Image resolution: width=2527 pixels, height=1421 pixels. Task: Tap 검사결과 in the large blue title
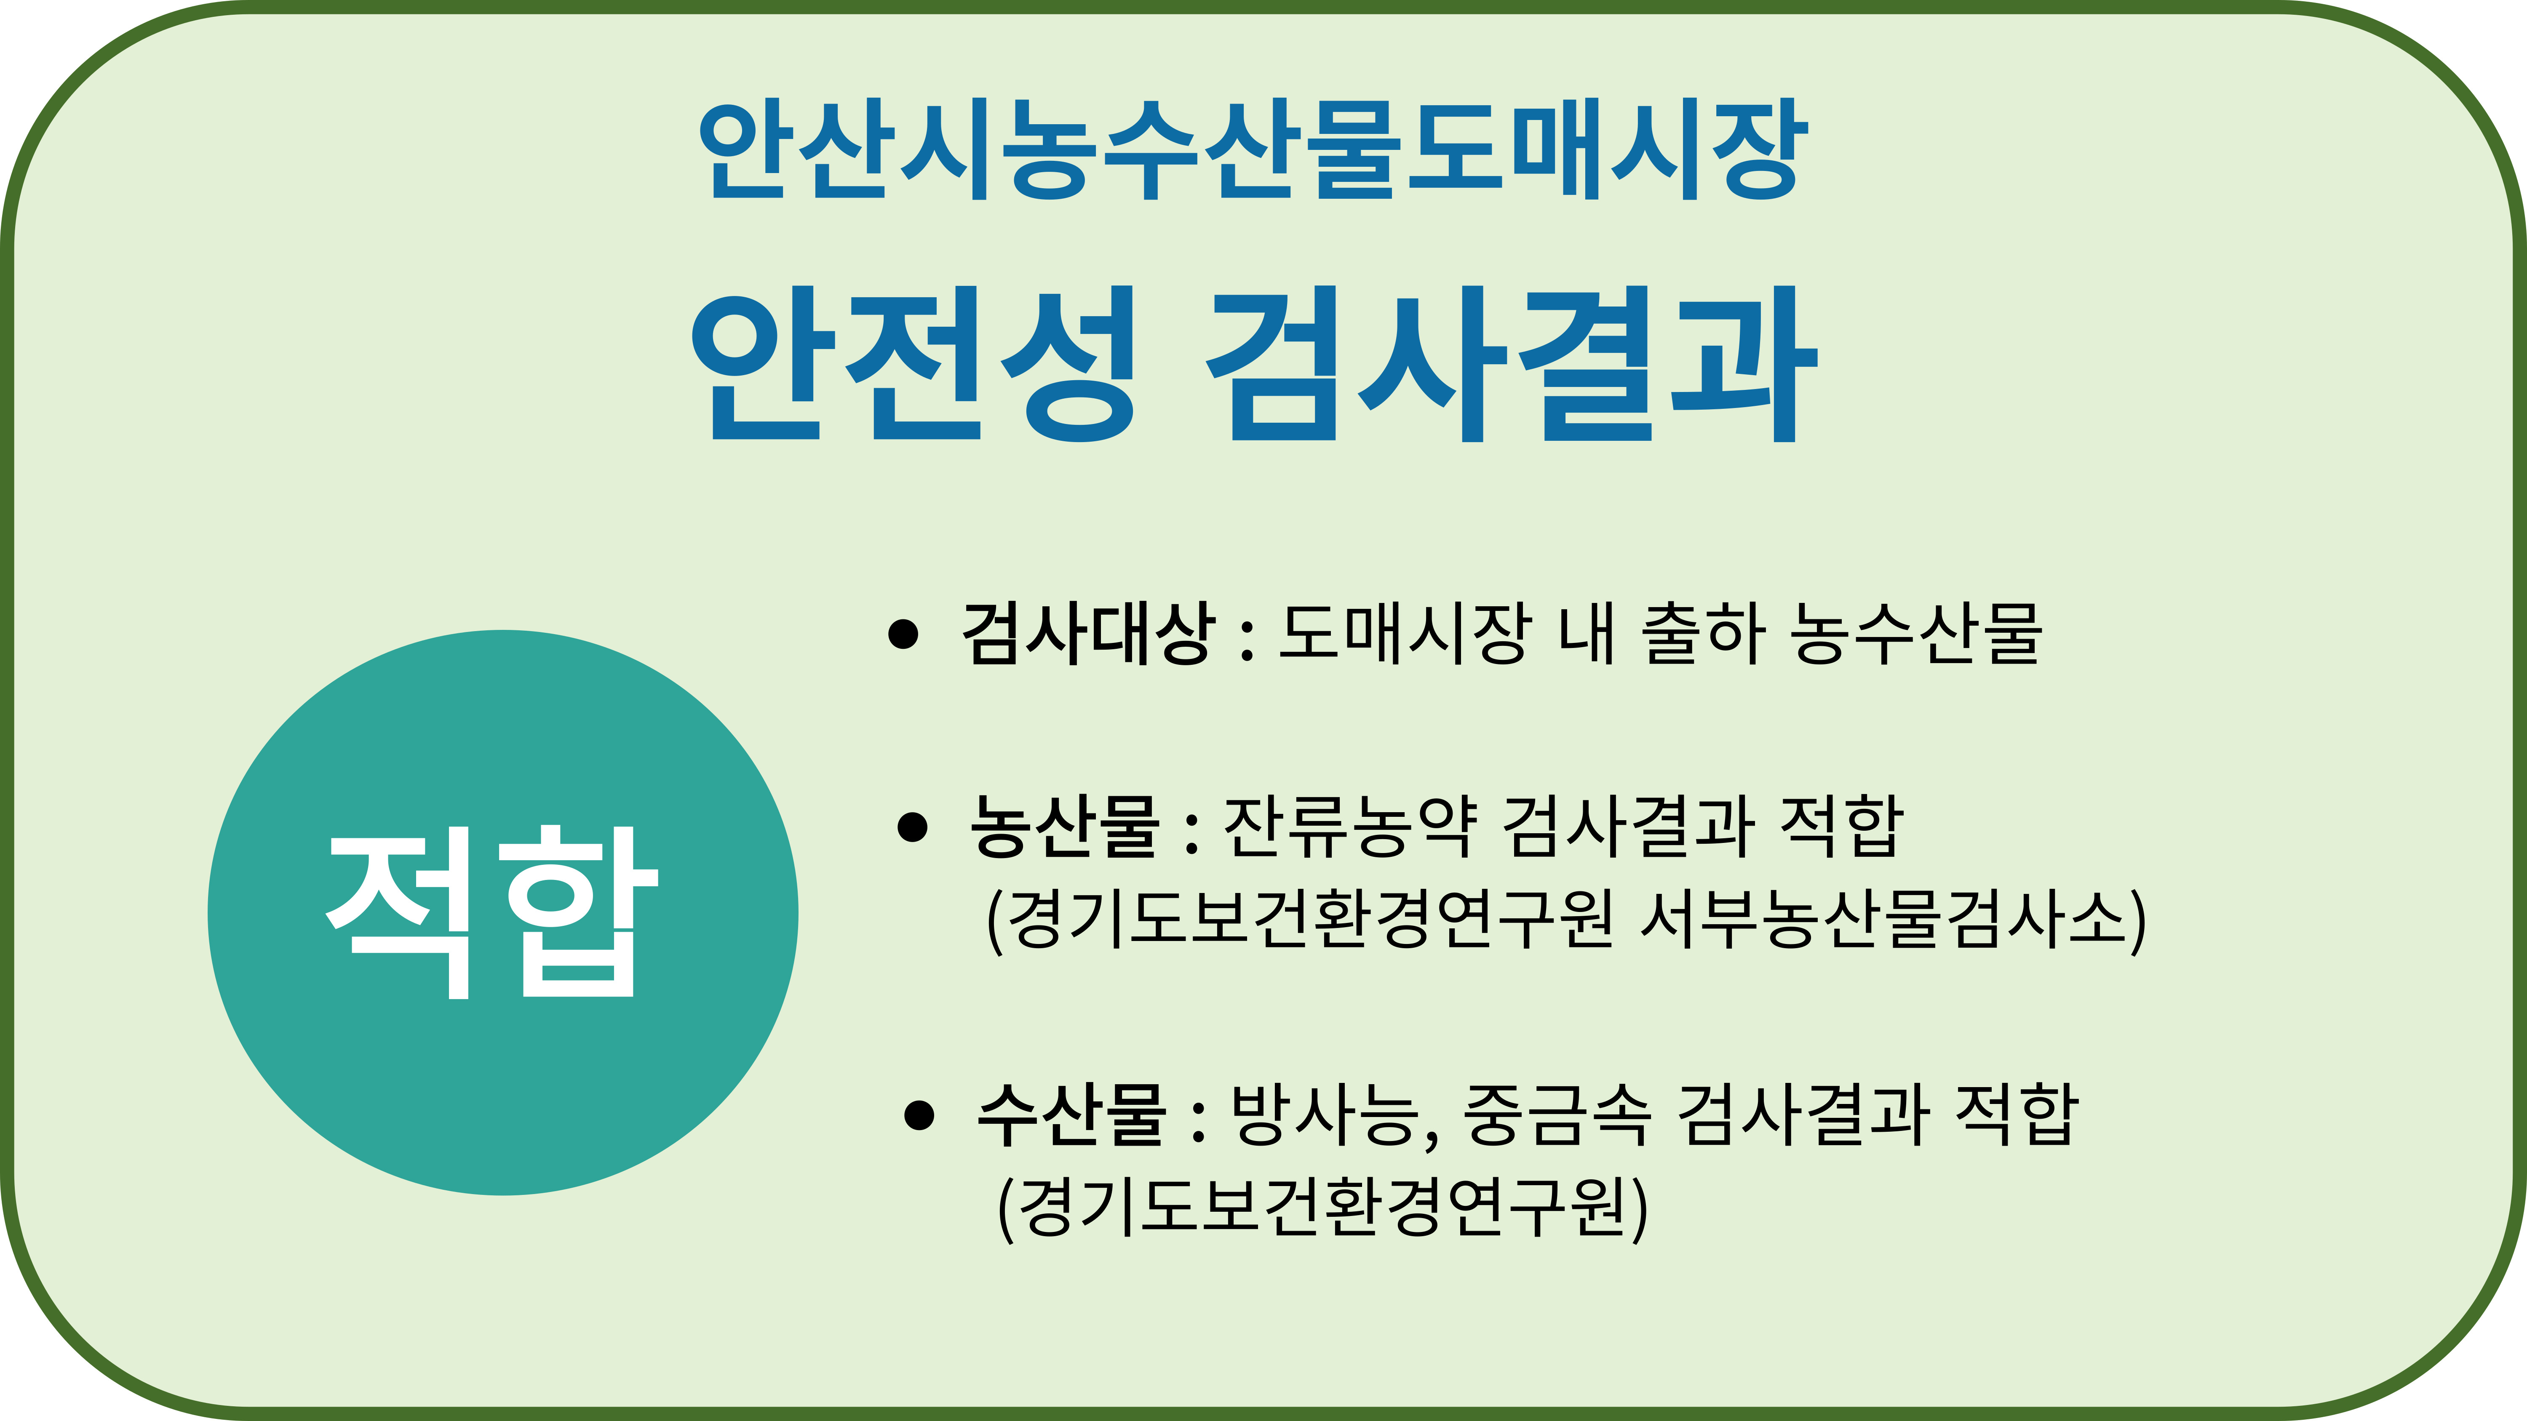(1512, 364)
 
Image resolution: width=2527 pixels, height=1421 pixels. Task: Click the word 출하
(1702, 632)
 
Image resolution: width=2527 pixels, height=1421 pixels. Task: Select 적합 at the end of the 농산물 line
(1841, 826)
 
